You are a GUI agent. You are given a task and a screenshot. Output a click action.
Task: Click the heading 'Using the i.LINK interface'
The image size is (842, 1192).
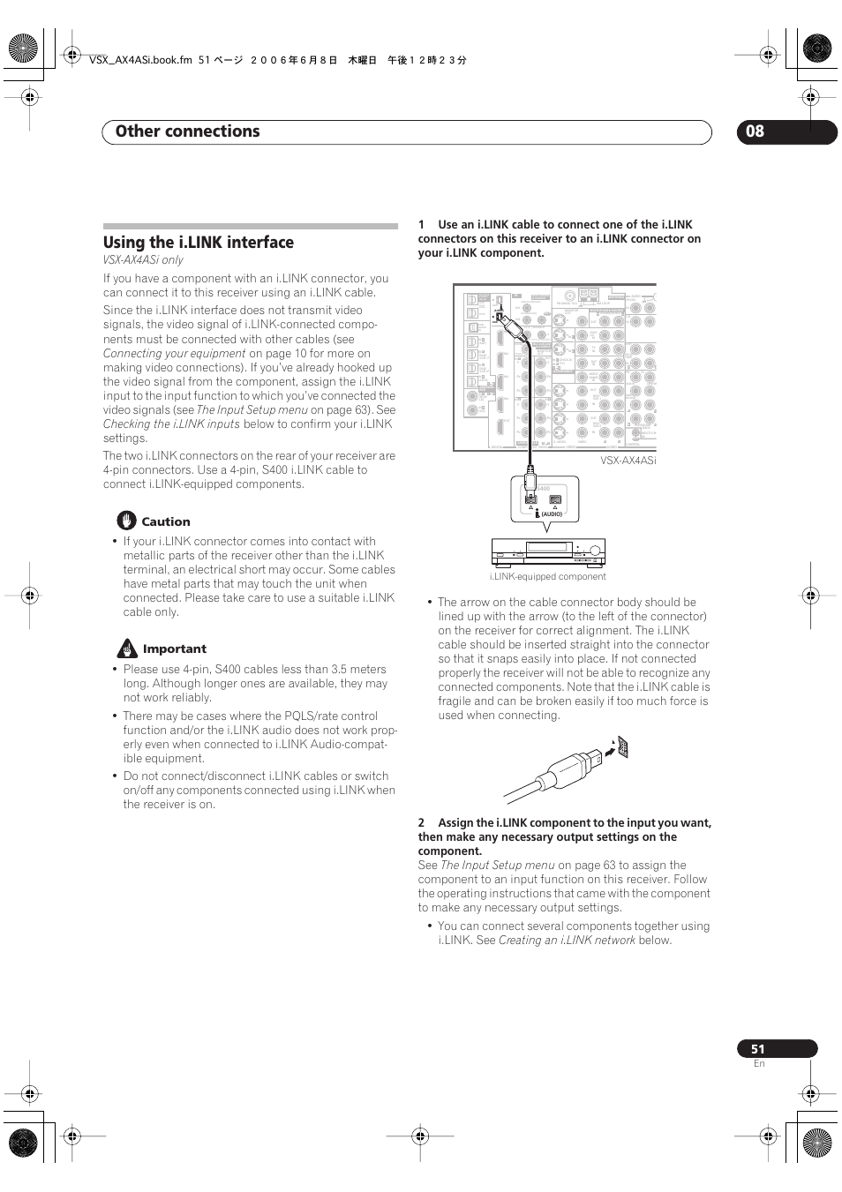click(198, 243)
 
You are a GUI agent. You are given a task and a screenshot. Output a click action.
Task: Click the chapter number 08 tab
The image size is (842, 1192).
click(756, 131)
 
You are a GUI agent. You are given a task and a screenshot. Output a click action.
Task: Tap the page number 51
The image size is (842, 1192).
click(757, 1049)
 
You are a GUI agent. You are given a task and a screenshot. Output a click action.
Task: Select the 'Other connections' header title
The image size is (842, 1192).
click(187, 131)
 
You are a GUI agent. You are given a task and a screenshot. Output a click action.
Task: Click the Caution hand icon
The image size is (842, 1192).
click(126, 521)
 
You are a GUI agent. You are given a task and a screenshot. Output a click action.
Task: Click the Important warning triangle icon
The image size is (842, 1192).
click(127, 649)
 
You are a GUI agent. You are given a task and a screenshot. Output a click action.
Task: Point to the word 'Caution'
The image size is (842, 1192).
click(166, 521)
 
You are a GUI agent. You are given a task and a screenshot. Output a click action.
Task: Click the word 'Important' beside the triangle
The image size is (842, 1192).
click(175, 649)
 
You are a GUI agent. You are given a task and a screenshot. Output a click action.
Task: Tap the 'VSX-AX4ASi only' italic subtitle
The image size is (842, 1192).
click(143, 260)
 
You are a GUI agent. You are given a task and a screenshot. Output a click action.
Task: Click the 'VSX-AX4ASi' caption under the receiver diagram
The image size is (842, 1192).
click(628, 461)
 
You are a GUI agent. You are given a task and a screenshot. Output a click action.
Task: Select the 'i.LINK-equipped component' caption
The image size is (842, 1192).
click(547, 577)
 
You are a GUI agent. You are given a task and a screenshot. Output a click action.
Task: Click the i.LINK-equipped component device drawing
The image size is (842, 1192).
click(548, 552)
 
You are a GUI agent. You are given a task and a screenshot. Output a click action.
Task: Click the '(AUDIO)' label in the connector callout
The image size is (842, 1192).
click(552, 514)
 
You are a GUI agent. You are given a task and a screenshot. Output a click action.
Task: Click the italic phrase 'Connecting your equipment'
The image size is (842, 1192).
click(174, 354)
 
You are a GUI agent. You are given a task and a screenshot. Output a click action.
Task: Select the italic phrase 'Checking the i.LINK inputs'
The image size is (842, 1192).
click(171, 424)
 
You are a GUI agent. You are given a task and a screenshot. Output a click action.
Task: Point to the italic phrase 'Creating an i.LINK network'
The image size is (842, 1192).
click(567, 941)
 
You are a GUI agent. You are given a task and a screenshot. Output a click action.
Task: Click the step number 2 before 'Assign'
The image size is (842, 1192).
click(421, 823)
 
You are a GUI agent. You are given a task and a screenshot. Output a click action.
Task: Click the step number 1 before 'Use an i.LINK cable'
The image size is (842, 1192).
click(421, 225)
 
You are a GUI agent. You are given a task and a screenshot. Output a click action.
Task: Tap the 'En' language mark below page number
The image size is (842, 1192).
click(759, 1064)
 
